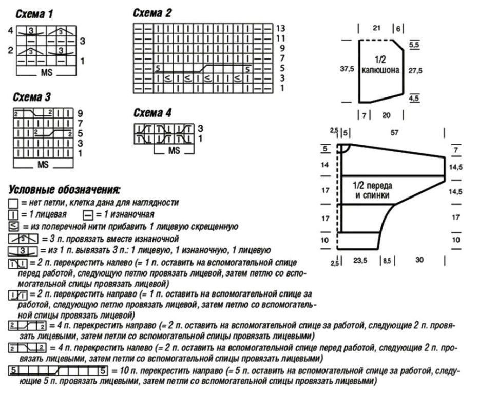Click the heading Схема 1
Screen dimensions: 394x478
pyautogui.click(x=33, y=15)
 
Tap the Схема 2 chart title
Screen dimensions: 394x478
pyautogui.click(x=152, y=13)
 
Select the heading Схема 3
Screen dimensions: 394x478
pyautogui.click(x=32, y=97)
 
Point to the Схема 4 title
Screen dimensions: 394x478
pyautogui.click(x=152, y=112)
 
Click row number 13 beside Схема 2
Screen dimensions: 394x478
pyautogui.click(x=280, y=28)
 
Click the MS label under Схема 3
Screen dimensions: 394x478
pyautogui.click(x=43, y=166)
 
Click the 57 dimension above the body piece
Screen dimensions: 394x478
pyautogui.click(x=394, y=133)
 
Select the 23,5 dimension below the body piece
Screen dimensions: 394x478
pyautogui.click(x=363, y=260)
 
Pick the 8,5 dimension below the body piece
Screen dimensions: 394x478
pyautogui.click(x=387, y=260)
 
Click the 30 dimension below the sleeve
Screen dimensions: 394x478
pyautogui.click(x=419, y=260)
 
